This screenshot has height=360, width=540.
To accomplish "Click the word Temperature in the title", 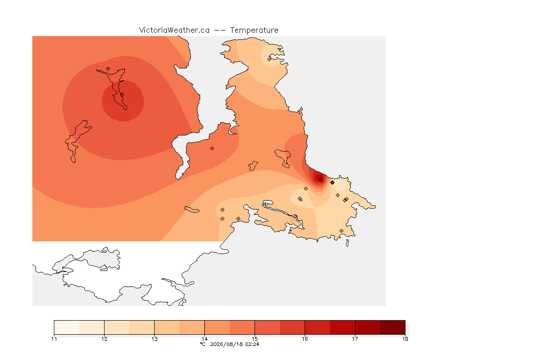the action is pos(254,30).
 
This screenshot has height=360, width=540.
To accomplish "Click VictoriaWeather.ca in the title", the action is pos(174,30).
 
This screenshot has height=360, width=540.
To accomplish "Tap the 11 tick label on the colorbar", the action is pos(54,339).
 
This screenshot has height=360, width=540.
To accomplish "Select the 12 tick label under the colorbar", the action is pos(105,339).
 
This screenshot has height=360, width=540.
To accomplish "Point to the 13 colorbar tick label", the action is pos(155,339).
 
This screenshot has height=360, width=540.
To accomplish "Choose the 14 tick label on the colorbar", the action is pos(204,339).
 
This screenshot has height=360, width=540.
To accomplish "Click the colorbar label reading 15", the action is pos(255,339).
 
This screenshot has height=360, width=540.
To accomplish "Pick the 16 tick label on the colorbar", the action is pos(305,339).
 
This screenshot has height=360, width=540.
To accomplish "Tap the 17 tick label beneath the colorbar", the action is pos(355,339).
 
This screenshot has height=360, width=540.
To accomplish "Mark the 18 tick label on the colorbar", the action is pos(405,339).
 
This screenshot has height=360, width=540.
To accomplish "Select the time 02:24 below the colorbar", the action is pos(252,344).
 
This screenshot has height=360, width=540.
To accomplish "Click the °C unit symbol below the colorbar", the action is pos(203,344).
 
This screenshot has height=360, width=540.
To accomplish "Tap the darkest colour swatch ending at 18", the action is pos(393,327).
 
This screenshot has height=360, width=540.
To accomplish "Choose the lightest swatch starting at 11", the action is pos(67,327).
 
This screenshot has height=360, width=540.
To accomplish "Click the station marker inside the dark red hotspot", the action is pos(321,180).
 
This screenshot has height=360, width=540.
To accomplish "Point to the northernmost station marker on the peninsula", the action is pos(270,59).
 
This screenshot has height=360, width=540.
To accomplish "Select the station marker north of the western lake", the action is pos(108,69).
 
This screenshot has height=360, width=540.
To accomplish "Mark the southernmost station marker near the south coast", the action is pos(341,231).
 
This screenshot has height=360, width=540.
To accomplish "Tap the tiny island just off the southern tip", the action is pos(347,243).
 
